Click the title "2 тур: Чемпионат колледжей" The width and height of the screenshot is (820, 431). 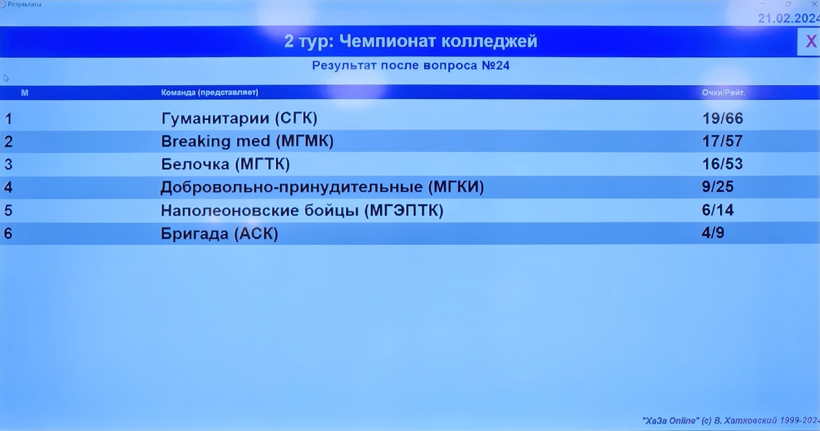410,41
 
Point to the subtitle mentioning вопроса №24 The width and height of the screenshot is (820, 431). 411,65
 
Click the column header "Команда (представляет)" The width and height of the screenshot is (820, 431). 209,93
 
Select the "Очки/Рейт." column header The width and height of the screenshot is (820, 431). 724,93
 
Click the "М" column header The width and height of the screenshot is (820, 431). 25,93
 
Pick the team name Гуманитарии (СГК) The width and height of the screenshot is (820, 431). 239,118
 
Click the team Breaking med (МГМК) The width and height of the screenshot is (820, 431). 247,141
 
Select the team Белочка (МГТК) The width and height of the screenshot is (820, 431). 225,164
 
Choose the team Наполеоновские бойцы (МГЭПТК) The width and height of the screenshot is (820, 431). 302,211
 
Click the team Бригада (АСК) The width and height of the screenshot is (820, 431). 219,234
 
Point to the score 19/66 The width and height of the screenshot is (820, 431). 723,119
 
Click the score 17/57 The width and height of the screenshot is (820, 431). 722,141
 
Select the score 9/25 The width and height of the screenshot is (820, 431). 717,187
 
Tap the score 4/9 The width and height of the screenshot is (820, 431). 713,233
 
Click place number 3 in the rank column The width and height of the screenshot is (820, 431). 8,164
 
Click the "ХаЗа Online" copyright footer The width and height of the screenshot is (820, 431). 731,420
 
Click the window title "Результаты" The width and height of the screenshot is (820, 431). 24,4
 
